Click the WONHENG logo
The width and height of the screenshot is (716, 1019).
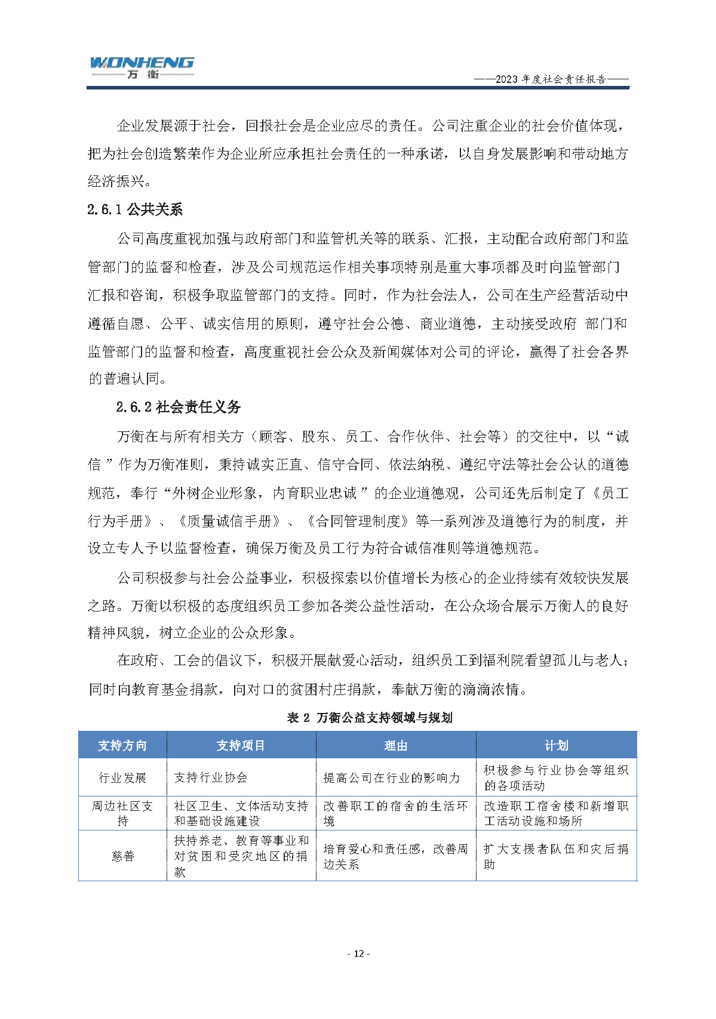142,67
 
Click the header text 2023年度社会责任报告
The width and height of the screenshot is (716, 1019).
551,79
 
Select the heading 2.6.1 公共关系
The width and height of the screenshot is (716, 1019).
135,209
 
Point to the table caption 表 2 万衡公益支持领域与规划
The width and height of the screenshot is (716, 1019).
370,717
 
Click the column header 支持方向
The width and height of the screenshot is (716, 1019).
122,745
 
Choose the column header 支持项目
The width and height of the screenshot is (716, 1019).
241,745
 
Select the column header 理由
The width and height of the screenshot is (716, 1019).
395,745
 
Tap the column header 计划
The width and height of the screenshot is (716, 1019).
556,745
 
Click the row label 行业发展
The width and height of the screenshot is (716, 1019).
122,777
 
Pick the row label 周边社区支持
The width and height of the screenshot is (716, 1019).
122,813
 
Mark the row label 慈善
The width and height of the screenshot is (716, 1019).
122,856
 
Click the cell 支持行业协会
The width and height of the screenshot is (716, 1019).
211,777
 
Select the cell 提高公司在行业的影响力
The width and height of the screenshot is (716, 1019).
392,777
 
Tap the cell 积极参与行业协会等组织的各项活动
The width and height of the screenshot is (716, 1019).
555,777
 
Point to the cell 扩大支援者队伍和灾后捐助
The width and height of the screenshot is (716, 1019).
555,856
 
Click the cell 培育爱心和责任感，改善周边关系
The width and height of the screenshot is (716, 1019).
395,856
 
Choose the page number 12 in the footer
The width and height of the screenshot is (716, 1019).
358,953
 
